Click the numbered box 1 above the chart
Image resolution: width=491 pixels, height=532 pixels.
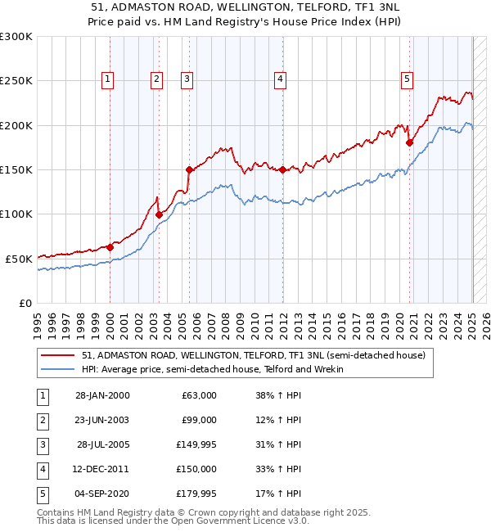[x=108, y=79]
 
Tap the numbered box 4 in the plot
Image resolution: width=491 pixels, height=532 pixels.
[x=280, y=79]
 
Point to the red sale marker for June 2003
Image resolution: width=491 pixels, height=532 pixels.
[x=160, y=215]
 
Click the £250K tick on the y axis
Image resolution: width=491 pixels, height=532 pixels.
[x=16, y=81]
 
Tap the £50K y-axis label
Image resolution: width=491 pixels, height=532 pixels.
[x=19, y=259]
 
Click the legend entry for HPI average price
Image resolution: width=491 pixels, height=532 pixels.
[x=212, y=369]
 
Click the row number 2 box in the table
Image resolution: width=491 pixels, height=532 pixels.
[x=40, y=420]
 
